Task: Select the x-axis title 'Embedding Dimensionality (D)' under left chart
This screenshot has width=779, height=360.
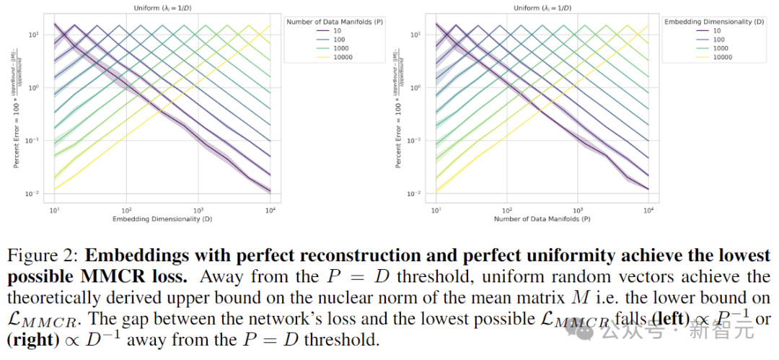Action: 162,218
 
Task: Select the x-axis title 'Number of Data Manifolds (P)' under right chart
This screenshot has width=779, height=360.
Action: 542,218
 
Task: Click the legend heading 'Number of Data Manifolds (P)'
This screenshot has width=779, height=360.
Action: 335,22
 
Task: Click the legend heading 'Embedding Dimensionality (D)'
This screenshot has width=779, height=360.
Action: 713,22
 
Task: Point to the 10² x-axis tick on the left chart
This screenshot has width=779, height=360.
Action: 126,208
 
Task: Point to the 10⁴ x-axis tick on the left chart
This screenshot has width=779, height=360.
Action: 269,208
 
